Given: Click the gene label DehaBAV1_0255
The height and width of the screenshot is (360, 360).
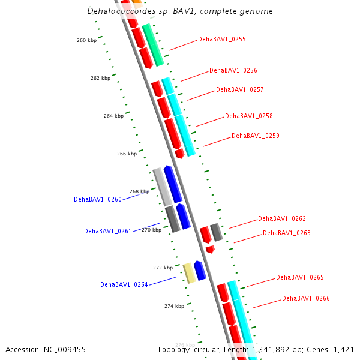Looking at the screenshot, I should [x=222, y=40].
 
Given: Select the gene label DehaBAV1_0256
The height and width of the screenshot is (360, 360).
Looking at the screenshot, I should [x=233, y=71].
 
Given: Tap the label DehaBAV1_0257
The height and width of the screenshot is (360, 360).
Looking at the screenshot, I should [x=240, y=90].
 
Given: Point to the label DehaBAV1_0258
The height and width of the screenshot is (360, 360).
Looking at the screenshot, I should [x=249, y=116].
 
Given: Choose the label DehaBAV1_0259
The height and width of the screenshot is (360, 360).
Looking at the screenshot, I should [x=256, y=136].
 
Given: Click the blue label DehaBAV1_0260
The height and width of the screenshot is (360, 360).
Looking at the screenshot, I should [x=98, y=199].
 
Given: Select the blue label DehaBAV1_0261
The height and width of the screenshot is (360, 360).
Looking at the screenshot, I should [x=108, y=231].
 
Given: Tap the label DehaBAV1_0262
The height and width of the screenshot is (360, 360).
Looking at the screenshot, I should [x=282, y=219].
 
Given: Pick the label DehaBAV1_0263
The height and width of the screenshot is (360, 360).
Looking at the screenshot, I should [x=287, y=233].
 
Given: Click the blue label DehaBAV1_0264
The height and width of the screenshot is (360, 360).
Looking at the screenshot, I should [x=124, y=285].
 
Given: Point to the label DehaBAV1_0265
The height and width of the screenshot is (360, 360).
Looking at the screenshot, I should [x=300, y=278].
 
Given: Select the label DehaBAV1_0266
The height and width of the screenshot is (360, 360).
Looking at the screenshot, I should [x=306, y=299].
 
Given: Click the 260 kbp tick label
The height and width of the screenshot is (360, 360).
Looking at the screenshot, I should [x=86, y=41].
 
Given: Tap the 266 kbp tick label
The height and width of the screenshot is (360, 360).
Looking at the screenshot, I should [x=127, y=154].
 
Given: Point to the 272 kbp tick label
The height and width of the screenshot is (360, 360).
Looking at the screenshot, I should [x=163, y=268].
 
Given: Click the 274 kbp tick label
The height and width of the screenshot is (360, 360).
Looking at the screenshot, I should [x=174, y=307].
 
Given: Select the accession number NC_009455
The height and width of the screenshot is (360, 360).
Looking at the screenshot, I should [x=66, y=349].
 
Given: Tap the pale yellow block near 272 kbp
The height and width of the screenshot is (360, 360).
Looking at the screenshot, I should [x=188, y=272].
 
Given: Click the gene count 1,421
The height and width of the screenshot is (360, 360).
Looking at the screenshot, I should [x=343, y=349].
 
